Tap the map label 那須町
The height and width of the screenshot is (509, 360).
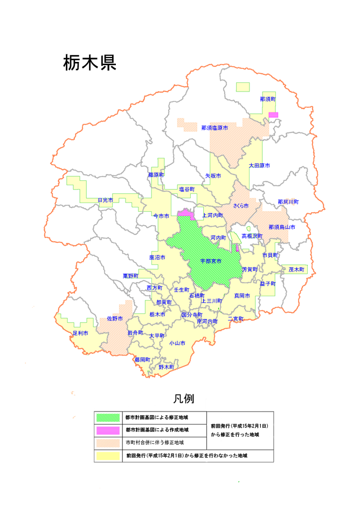[267, 100]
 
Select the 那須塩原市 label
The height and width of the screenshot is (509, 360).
[214, 128]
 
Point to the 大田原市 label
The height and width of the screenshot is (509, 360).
[259, 165]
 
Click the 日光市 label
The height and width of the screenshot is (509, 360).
[106, 200]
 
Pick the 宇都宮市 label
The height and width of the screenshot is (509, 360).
[211, 261]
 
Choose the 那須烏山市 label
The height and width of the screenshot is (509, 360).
[282, 227]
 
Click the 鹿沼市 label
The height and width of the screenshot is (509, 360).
[157, 257]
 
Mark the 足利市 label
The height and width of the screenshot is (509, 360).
[80, 333]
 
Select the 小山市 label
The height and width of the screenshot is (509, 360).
[177, 343]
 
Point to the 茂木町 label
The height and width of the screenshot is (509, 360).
[296, 269]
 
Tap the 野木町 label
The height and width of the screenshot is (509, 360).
[167, 367]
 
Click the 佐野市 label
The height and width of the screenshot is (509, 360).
[115, 319]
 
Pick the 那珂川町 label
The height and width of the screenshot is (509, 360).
[288, 202]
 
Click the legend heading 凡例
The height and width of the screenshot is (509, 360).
[183, 399]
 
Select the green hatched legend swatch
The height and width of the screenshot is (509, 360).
[108, 417]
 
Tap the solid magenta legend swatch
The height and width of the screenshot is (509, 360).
[108, 430]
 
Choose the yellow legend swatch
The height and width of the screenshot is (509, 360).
[108, 456]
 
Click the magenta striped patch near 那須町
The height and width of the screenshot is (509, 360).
[273, 115]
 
